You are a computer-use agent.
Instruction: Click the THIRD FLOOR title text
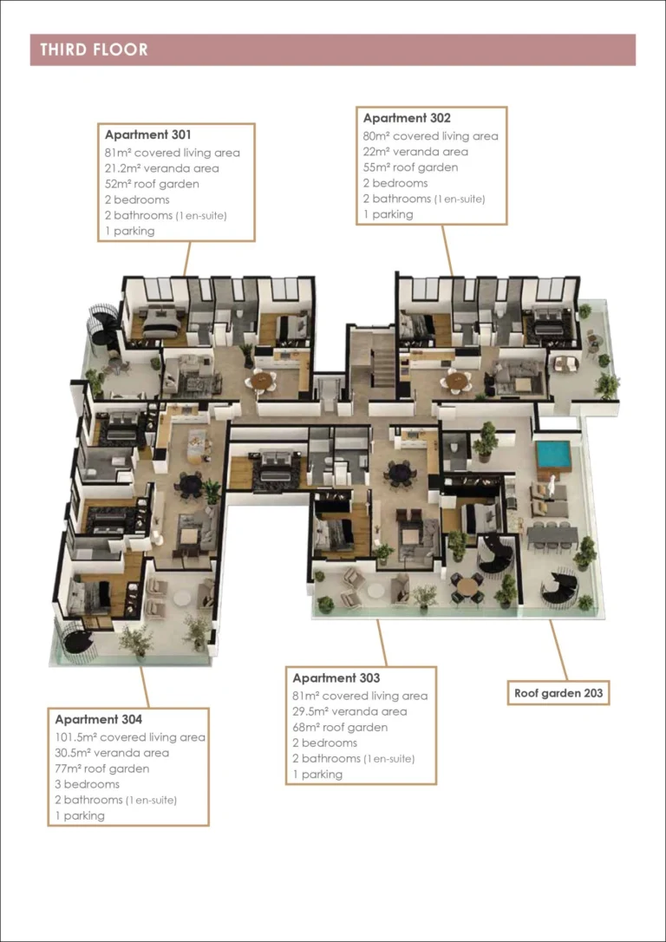pos(94,49)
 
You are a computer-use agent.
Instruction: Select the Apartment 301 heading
pos(147,134)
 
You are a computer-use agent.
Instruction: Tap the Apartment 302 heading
pos(407,118)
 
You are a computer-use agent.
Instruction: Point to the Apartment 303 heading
pos(336,677)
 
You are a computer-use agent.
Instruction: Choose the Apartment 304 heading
pos(98,719)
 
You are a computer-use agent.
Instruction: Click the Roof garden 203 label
pos(558,693)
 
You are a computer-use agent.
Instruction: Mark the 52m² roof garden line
pos(152,184)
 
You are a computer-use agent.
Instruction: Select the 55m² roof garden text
pos(410,167)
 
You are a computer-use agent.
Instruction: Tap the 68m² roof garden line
pos(340,727)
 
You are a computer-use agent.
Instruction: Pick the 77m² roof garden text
pos(101,769)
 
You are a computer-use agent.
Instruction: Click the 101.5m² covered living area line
pos(130,737)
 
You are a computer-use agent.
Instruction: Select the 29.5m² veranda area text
pos(349,711)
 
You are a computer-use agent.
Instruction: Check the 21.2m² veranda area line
pos(161,168)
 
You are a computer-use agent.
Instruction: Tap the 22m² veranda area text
pos(415,152)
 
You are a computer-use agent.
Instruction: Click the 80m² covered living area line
pos(430,136)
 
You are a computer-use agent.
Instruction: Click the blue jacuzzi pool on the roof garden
pos(552,454)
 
